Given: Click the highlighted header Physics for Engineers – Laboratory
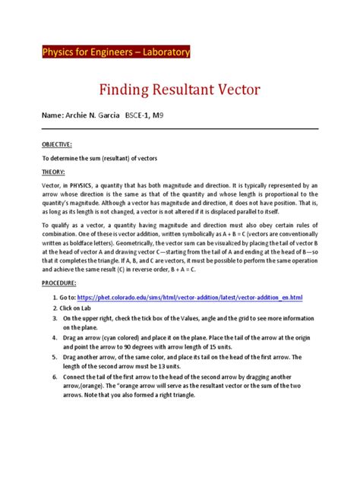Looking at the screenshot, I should click(x=115, y=52).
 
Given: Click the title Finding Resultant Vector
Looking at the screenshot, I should click(x=180, y=90).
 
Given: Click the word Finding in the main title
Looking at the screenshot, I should click(x=125, y=90).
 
